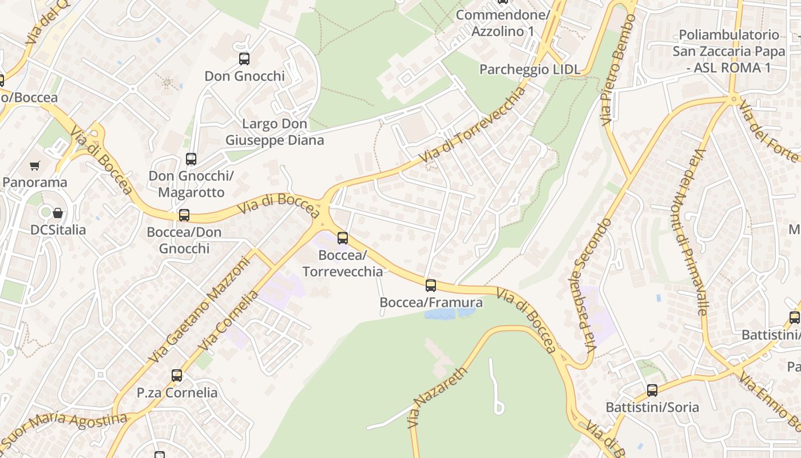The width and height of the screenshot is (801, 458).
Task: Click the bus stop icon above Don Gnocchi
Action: tap(244, 58)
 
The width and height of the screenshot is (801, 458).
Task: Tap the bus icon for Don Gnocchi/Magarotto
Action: tap(191, 159)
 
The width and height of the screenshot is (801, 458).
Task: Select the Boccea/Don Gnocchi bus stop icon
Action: tap(184, 215)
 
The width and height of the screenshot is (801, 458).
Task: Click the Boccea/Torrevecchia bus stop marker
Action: tap(343, 238)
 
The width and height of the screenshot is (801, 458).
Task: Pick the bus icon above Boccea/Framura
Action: tap(431, 285)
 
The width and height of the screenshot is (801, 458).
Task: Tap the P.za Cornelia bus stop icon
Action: tap(177, 376)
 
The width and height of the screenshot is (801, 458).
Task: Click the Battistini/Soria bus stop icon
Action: tap(652, 390)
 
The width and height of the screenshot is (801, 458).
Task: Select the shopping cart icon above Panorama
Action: tap(35, 166)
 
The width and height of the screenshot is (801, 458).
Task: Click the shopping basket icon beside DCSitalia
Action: tap(58, 214)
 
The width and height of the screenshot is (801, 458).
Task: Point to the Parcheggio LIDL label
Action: tap(530, 70)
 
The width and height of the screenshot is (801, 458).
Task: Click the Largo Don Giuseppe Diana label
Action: tap(275, 132)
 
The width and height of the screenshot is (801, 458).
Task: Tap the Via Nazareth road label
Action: tap(438, 397)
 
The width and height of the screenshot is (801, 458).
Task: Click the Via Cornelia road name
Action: tap(228, 321)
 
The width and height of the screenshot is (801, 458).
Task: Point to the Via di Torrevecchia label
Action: tap(472, 125)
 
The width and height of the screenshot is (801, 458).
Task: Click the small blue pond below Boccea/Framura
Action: tap(449, 313)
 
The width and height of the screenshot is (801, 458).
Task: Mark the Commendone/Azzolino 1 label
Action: tap(502, 23)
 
